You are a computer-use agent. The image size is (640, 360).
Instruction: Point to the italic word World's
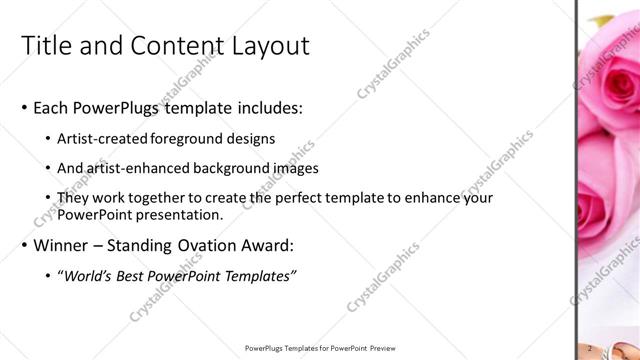tap(88, 277)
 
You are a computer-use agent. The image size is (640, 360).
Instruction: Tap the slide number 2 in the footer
tap(591, 348)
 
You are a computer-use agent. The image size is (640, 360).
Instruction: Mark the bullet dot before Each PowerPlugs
tap(24, 108)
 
